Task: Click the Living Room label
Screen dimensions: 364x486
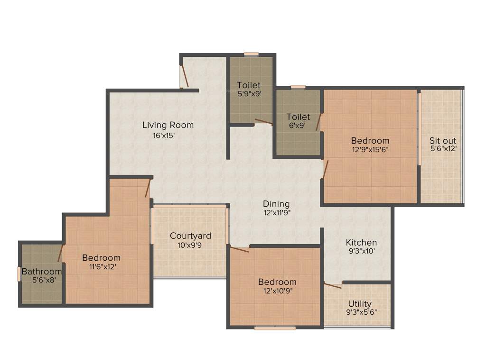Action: (168, 125)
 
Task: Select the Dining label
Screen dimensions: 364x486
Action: (276, 204)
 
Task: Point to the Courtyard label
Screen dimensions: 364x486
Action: (190, 236)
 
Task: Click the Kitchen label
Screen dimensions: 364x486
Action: (361, 242)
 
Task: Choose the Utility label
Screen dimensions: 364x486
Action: (360, 303)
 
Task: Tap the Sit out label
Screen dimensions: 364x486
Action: (442, 141)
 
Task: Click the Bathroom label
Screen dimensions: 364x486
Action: (42, 272)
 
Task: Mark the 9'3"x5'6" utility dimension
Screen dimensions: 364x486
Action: (360, 312)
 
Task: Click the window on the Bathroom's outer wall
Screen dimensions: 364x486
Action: (19, 274)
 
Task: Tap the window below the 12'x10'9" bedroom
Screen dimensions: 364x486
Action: (275, 328)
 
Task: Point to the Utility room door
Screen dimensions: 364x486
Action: (333, 285)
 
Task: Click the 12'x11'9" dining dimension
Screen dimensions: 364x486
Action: (276, 213)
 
